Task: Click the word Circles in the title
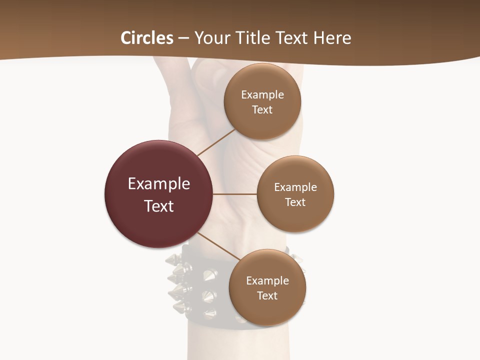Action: point(147,38)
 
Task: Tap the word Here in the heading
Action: point(332,38)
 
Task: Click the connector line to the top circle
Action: point(216,142)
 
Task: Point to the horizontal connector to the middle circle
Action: point(235,194)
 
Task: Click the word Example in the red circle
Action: point(159,184)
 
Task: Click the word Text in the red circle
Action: point(159,206)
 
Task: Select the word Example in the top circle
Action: point(262,94)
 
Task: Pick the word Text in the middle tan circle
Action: point(295,202)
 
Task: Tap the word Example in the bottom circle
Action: point(267,280)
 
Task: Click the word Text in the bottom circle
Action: point(267,295)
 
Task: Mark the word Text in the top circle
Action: point(262,109)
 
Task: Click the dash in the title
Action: point(183,38)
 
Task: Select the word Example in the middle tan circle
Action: point(295,187)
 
